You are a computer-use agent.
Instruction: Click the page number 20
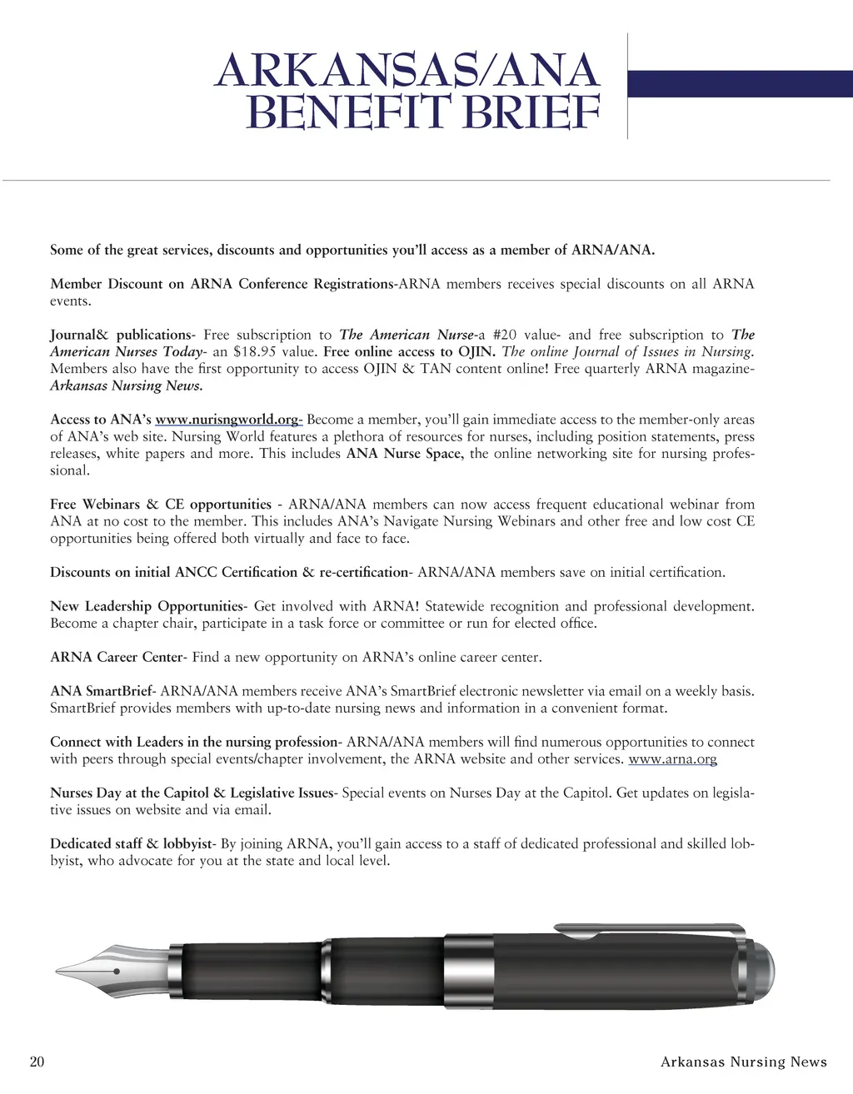[37, 1062]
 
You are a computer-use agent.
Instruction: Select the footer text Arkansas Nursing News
[743, 1062]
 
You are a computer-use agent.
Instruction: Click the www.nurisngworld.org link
[228, 420]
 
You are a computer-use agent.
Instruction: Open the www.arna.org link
[672, 759]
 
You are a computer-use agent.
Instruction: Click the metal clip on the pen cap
[650, 927]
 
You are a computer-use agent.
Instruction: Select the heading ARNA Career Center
[116, 658]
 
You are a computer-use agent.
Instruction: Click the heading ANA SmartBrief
[102, 691]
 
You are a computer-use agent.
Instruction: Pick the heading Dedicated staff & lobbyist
[131, 844]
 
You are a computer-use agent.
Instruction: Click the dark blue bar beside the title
[740, 84]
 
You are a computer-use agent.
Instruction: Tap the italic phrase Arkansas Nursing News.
[126, 386]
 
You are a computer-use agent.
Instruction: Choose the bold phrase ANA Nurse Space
[403, 454]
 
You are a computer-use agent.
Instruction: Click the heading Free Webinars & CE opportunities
[161, 505]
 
